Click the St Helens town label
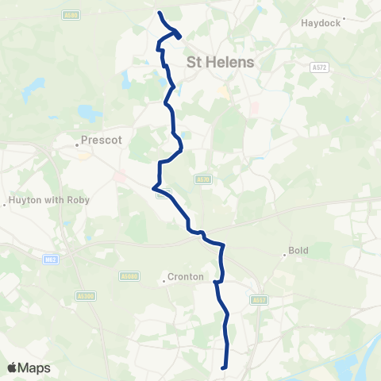221,62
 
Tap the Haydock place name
320,23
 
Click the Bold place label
298,250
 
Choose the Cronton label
186,278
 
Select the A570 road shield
204,179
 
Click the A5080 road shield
129,276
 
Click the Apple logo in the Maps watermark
13,368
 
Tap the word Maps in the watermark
35,368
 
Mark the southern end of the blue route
225,367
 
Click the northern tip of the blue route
160,13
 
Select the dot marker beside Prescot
78,144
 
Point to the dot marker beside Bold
284,256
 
